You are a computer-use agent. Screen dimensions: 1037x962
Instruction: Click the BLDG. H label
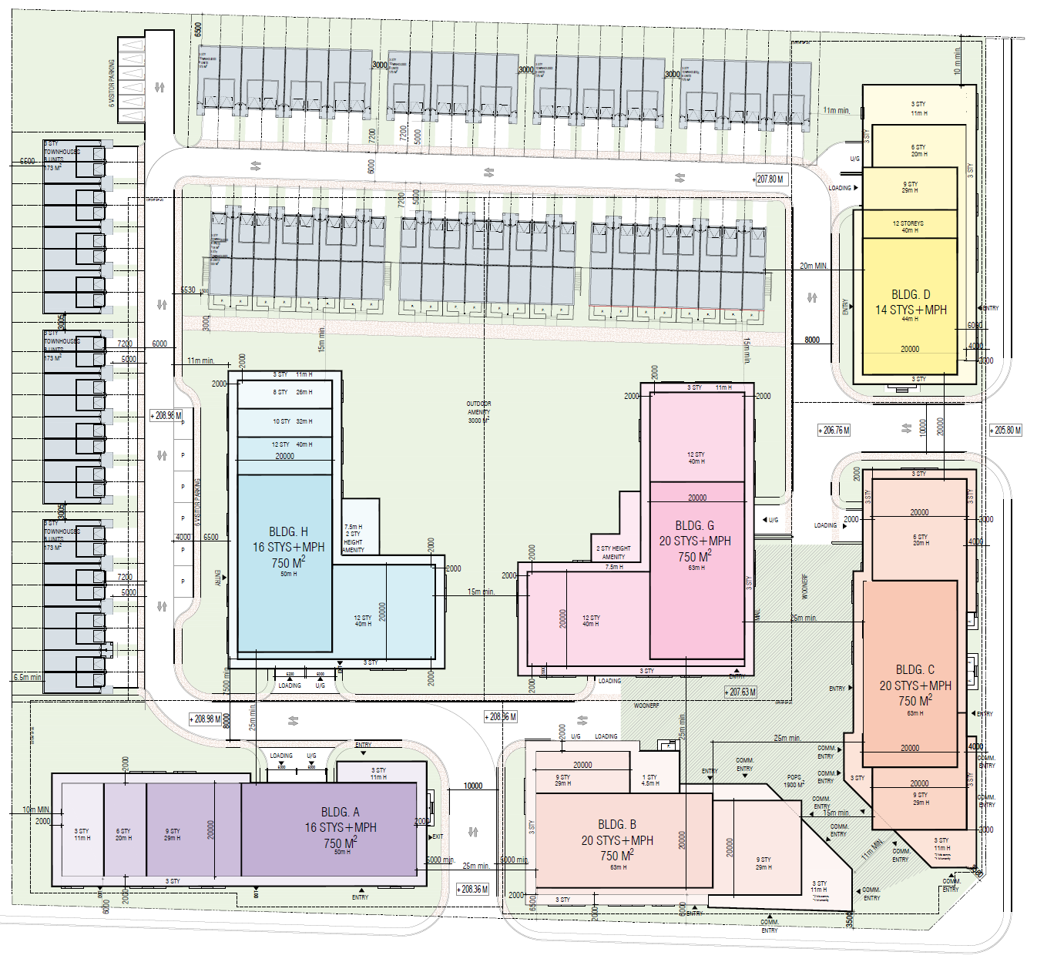point(288,531)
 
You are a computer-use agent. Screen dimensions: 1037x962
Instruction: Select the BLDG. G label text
point(694,525)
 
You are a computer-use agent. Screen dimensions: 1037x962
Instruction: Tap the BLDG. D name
point(911,294)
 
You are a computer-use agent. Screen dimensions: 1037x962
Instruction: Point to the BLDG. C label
point(915,669)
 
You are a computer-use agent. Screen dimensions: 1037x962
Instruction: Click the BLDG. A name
point(340,812)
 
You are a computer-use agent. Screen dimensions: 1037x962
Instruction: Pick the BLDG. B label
point(616,824)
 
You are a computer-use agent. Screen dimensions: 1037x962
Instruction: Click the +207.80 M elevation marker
point(769,179)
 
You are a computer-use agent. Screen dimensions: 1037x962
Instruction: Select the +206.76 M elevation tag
point(834,430)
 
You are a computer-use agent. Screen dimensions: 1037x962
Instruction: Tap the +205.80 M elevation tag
point(1006,430)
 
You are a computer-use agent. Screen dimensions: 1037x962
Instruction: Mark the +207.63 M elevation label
point(741,692)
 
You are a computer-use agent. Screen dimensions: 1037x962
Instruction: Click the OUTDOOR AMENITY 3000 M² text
point(478,412)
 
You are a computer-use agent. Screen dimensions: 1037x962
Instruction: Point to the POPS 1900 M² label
point(794,781)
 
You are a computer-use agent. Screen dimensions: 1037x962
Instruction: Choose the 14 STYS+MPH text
point(911,310)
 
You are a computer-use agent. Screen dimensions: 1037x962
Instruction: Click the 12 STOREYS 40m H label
point(908,226)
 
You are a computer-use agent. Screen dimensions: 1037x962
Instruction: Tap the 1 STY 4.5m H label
point(650,780)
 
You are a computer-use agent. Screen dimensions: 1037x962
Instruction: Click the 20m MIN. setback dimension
point(814,266)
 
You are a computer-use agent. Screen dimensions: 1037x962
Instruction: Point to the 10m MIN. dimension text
point(36,809)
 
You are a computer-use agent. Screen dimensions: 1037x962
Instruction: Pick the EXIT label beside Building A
point(438,836)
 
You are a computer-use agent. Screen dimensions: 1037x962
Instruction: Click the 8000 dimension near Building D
point(812,340)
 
